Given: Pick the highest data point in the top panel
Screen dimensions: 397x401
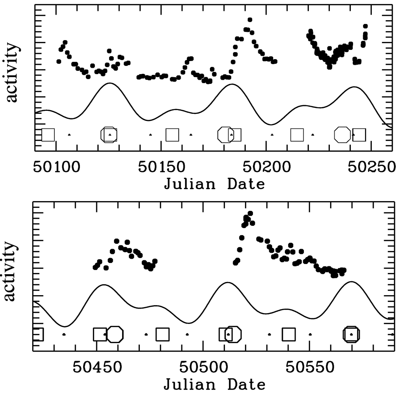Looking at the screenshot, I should (x=250, y=19).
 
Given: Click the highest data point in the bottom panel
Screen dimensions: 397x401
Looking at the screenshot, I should (x=250, y=213).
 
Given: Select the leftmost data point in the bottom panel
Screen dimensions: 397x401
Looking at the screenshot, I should (x=95, y=267).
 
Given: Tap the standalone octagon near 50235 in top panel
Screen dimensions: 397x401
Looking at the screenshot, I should (x=342, y=134).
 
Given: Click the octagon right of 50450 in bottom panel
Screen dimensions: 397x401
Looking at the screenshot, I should (x=115, y=334).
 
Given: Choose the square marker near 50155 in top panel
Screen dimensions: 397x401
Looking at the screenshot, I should (x=172, y=134).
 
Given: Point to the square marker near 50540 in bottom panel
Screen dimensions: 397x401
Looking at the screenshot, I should (x=289, y=334).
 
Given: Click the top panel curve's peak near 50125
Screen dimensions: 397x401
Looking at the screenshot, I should (x=109, y=83).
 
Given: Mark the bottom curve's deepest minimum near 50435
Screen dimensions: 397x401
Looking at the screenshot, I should (x=65, y=326).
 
